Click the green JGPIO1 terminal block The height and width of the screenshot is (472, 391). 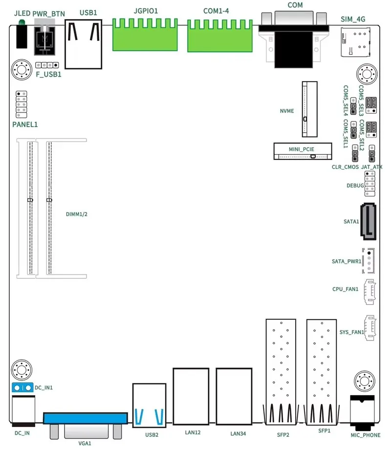point(145,35)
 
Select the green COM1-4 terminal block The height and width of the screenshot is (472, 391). point(220,36)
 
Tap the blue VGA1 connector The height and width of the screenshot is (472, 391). point(86,418)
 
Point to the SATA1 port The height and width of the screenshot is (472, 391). point(368,221)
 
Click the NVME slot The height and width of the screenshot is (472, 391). point(309,109)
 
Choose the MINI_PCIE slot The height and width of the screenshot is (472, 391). point(303,151)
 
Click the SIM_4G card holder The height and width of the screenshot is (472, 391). point(355,42)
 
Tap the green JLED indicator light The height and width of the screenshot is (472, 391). point(22,22)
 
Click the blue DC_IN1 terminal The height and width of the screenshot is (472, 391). point(22,388)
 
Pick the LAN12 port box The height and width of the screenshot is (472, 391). point(191,396)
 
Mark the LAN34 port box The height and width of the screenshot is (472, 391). point(234,396)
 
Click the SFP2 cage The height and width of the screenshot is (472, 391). point(281,372)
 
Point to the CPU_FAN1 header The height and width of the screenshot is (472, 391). point(369,292)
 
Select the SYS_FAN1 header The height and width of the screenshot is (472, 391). point(370,328)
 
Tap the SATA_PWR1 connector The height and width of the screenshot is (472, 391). point(369,261)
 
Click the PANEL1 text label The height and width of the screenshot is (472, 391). point(25,125)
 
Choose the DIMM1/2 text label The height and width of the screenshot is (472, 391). point(77,214)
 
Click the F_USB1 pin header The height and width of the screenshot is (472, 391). point(47,65)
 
